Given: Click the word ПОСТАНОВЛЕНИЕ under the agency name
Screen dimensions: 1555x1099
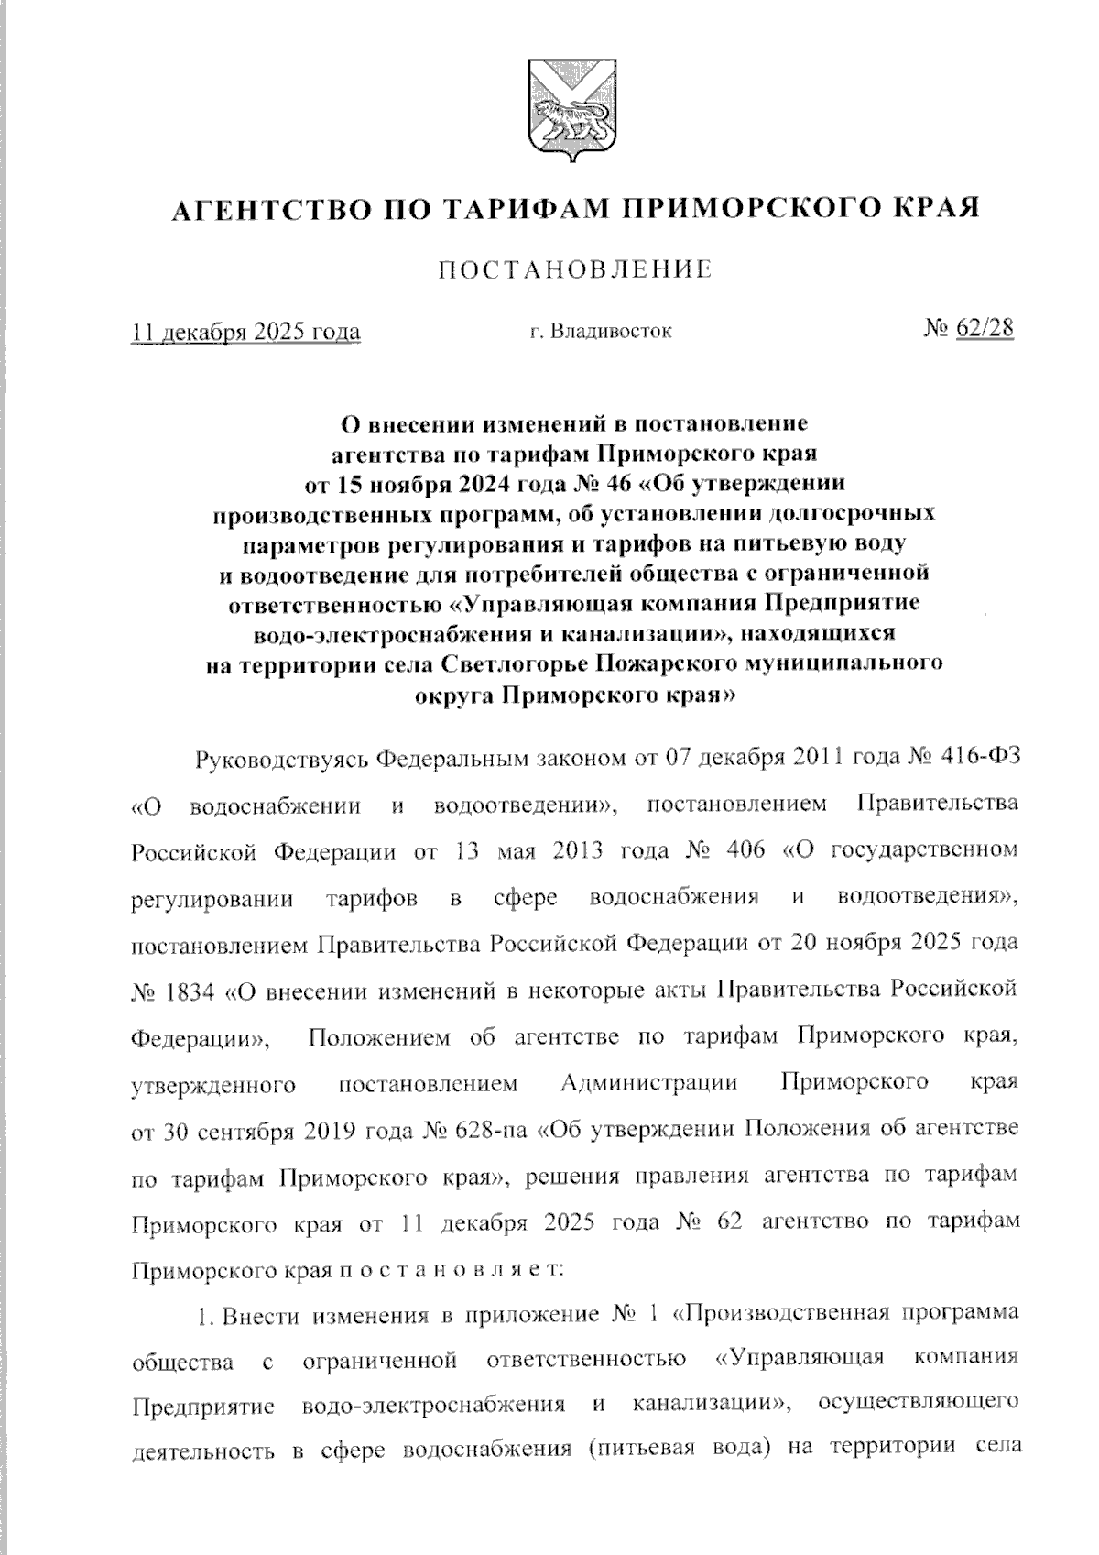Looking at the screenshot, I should pyautogui.click(x=576, y=270).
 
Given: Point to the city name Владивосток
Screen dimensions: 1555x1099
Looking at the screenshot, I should pyautogui.click(x=612, y=331).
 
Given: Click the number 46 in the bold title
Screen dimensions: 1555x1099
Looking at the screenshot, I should pyautogui.click(x=576, y=480).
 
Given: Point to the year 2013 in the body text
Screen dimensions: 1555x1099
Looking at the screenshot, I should pyautogui.click(x=577, y=850).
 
